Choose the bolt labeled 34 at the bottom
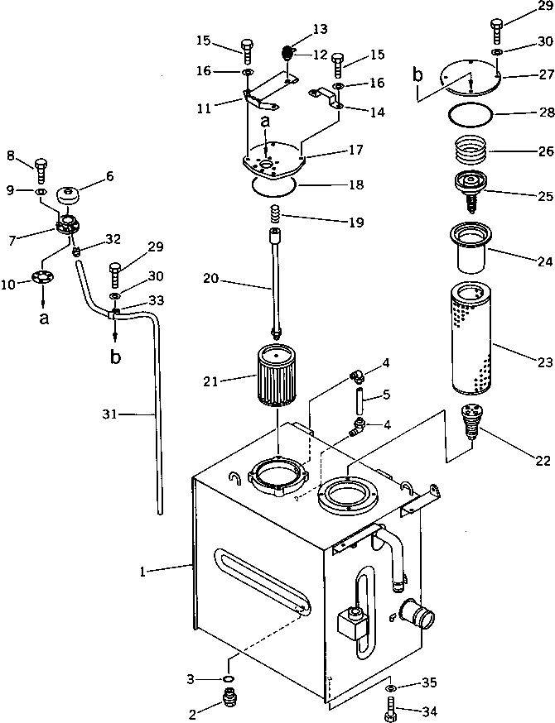pos(390,708)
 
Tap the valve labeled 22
pos(471,422)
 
